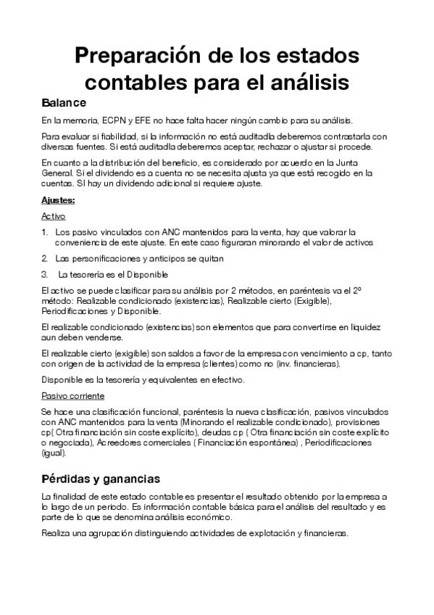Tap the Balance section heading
(64, 102)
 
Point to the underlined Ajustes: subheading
(58, 199)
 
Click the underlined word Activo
(53, 215)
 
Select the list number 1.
(44, 231)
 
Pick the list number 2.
(45, 258)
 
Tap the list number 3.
(45, 274)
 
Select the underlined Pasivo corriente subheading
(72, 396)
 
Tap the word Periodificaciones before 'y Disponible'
(75, 310)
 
